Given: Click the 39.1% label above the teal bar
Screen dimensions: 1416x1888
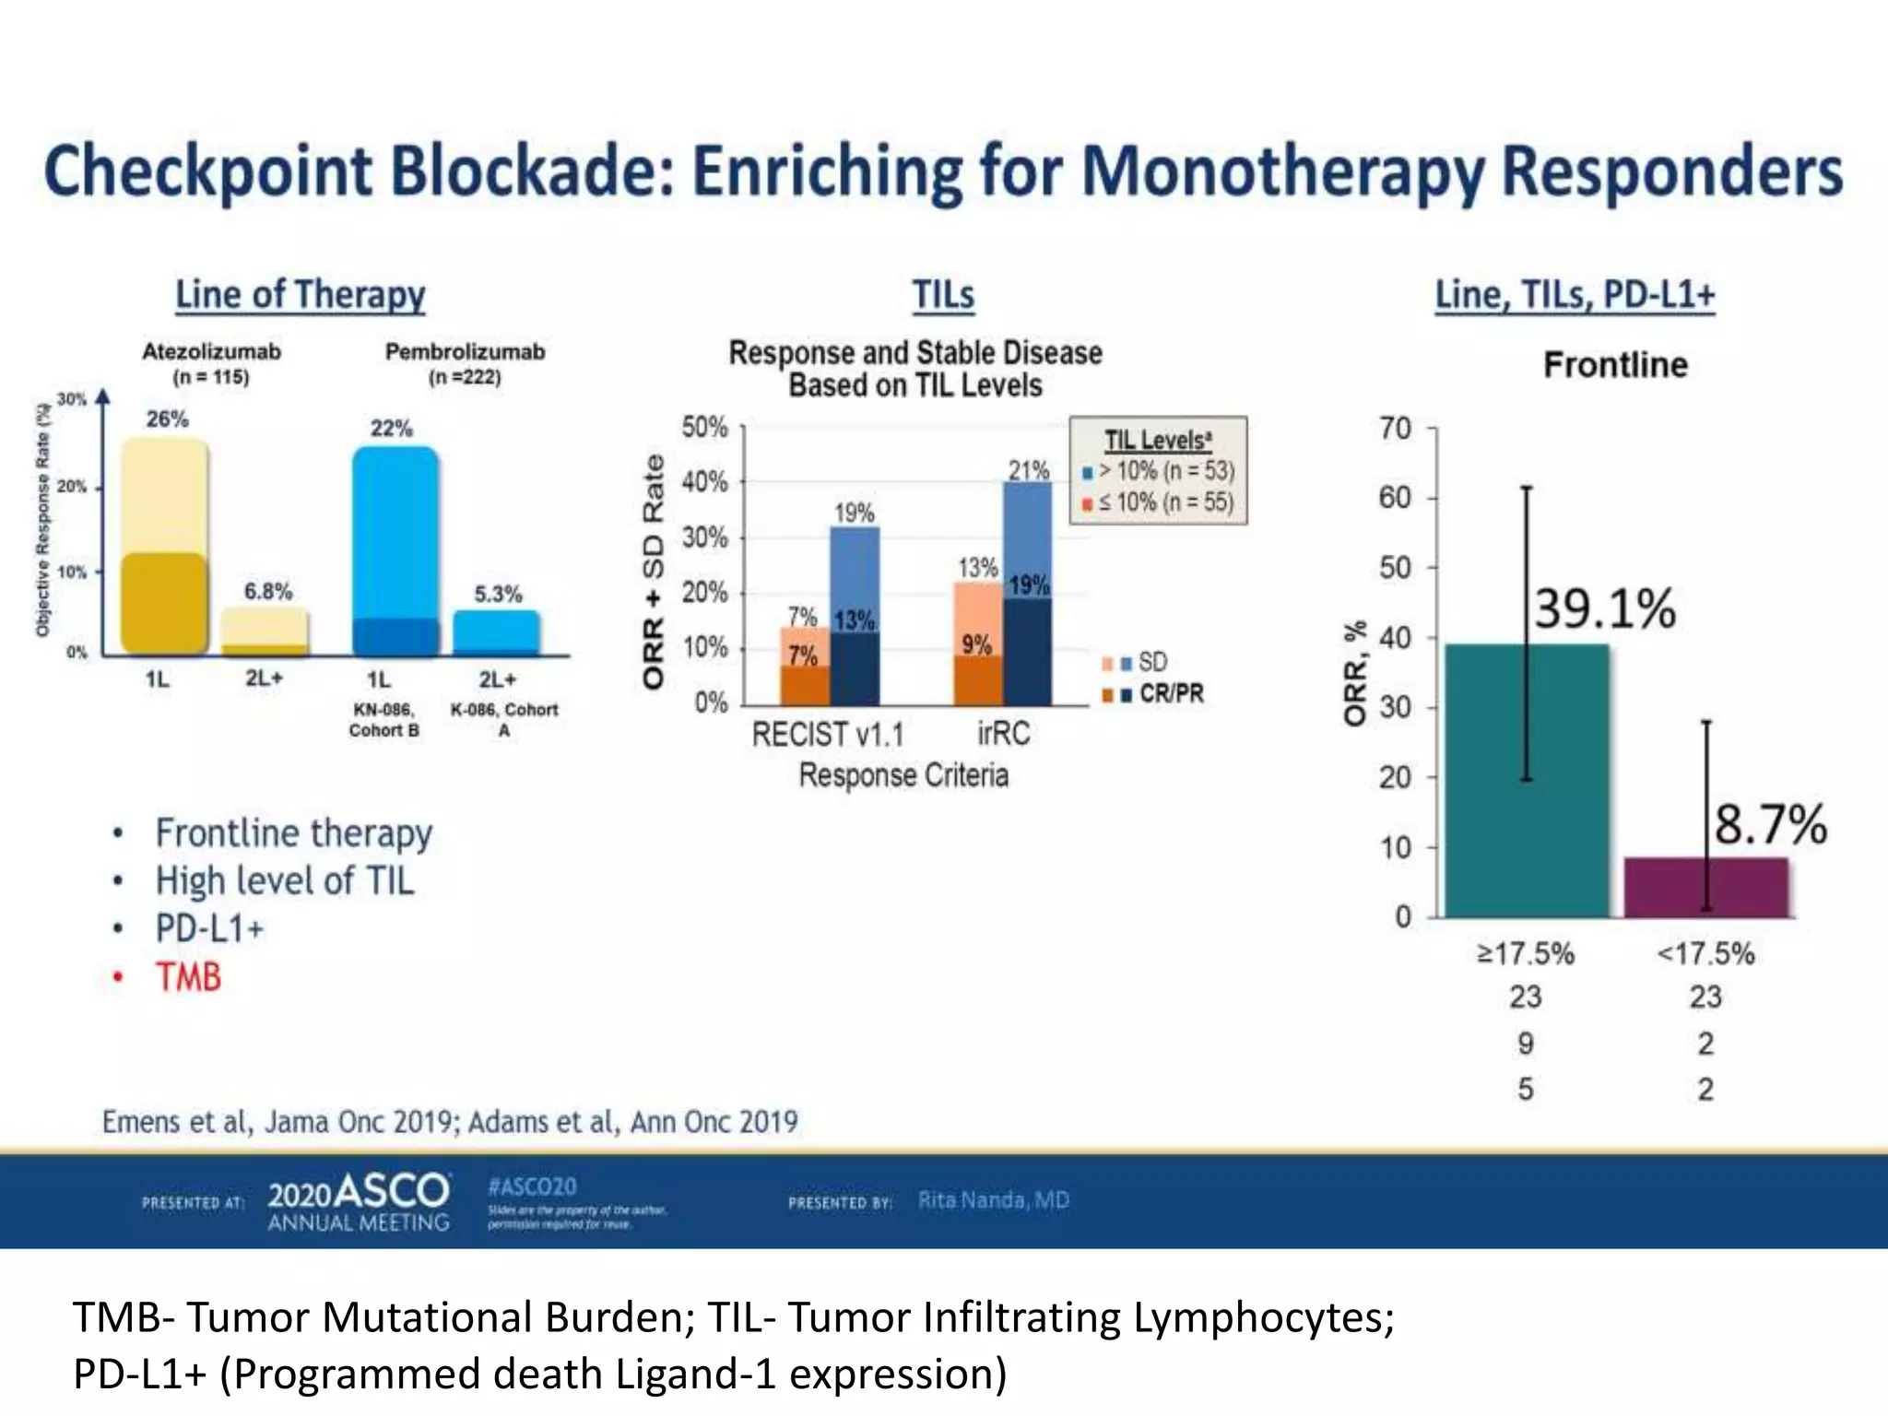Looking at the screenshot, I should (1604, 609).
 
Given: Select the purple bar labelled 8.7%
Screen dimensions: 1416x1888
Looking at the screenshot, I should (1705, 887).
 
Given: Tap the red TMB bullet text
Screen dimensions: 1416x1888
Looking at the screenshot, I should (189, 977).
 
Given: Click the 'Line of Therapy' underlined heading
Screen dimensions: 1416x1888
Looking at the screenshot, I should (301, 295).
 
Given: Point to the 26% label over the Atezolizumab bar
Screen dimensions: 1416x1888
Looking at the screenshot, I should (167, 419).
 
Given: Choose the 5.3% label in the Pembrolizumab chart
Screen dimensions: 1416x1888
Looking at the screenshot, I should (498, 594).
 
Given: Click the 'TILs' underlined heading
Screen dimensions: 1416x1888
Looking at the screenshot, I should (943, 295).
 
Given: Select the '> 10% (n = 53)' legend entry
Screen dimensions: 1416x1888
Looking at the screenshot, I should (1165, 471).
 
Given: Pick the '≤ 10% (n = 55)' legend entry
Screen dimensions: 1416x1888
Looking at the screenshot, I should (1165, 502).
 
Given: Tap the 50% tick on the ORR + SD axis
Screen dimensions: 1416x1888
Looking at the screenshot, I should (704, 428).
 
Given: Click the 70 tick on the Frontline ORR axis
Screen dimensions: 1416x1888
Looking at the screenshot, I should (1395, 429).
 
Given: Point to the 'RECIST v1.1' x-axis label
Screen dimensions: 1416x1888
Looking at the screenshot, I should (828, 735).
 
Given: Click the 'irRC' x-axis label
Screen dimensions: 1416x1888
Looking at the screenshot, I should (1003, 734).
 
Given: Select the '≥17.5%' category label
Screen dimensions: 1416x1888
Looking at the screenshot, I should (1526, 953).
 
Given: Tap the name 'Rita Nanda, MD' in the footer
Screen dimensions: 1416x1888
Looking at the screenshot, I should (993, 1200).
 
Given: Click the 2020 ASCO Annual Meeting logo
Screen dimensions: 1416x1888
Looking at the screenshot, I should (359, 1201).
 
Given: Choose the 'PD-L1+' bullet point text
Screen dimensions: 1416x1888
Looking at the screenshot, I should (209, 929).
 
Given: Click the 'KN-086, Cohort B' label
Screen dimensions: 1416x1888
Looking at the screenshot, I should (383, 720).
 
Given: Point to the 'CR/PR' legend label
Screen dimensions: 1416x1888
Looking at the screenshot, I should (1171, 693).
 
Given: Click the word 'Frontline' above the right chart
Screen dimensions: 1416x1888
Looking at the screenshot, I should (1615, 365).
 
